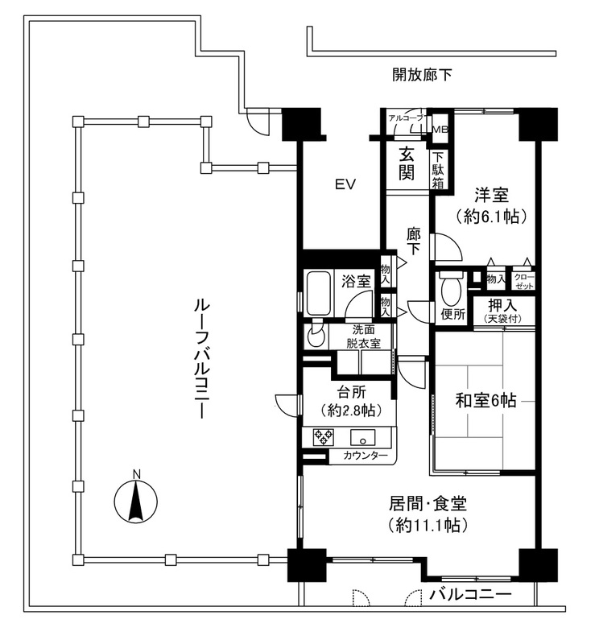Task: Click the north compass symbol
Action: point(135,500)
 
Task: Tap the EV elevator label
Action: point(345,185)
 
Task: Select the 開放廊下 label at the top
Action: point(422,75)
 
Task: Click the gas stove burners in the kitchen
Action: point(324,437)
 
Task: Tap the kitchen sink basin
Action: point(362,438)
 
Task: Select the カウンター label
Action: point(366,456)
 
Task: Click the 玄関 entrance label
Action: point(407,164)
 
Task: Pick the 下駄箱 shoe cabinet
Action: point(439,170)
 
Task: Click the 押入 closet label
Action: point(502,305)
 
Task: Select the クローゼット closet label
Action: point(524,281)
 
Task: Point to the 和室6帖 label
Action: point(486,400)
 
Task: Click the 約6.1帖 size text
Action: point(491,216)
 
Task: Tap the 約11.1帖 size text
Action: point(428,525)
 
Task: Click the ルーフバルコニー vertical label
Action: point(202,358)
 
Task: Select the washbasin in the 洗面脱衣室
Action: point(316,334)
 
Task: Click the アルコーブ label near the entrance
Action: point(406,118)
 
